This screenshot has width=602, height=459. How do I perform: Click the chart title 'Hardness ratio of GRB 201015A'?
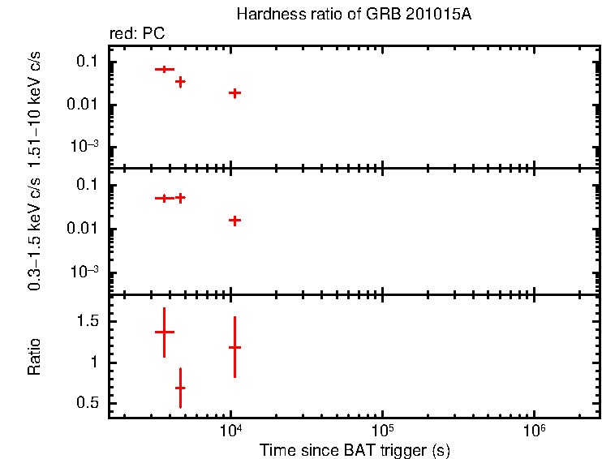point(353,15)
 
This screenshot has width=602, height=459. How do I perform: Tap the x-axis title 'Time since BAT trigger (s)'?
point(355,449)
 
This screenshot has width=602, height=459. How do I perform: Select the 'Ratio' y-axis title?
point(34,357)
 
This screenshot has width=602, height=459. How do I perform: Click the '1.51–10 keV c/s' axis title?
point(34,106)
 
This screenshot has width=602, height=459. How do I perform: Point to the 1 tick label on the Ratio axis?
point(94,362)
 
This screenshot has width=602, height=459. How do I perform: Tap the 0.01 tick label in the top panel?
point(84,105)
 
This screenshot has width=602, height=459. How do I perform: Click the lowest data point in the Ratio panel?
point(180,388)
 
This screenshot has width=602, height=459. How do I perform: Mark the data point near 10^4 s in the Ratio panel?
point(234,347)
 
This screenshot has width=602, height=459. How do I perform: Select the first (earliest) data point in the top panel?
point(165,70)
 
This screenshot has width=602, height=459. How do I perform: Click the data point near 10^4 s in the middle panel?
point(234,220)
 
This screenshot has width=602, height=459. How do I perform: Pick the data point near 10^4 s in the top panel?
point(234,93)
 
